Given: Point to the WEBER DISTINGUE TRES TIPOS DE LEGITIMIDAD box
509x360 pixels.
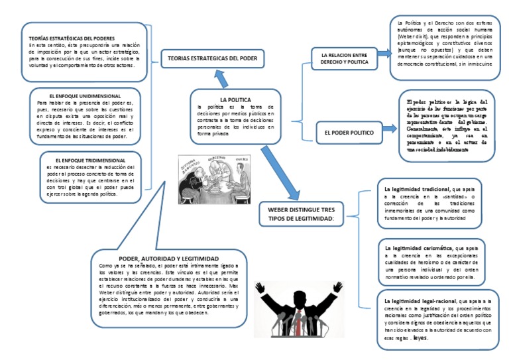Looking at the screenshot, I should pyautogui.click(x=302, y=212).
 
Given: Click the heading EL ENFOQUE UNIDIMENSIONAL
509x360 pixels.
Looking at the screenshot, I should pyautogui.click(x=81, y=97).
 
